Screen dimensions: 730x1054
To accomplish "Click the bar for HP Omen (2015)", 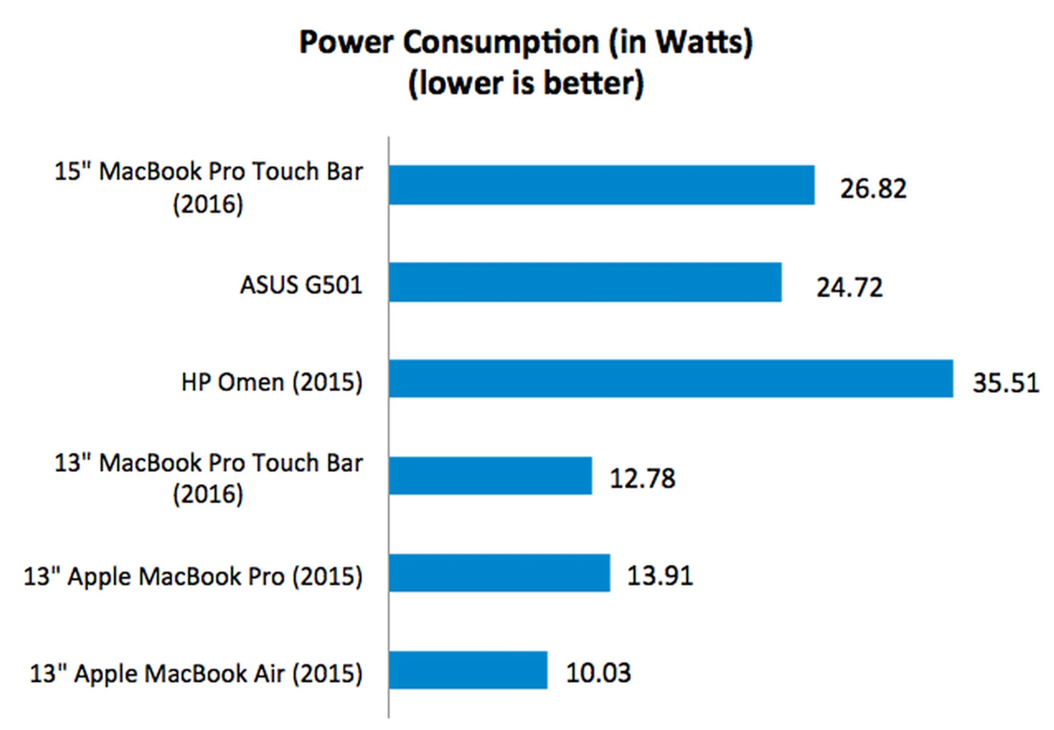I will [671, 379].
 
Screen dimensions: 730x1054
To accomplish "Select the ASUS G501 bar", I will [585, 282].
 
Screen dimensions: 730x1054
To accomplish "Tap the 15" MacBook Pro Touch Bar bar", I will [602, 185].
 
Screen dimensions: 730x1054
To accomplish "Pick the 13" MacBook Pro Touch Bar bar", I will [490, 476].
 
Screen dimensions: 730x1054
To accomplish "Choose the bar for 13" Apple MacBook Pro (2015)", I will [500, 573].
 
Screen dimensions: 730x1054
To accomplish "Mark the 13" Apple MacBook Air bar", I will [468, 670].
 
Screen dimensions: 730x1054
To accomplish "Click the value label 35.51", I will [1006, 383].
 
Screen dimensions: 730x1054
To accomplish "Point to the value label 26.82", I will [873, 189].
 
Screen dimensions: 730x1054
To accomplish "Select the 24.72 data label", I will [849, 288].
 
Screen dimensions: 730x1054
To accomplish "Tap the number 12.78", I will [642, 478].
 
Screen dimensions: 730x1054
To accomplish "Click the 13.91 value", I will [660, 576].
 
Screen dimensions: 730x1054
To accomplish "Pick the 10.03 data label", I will [598, 673].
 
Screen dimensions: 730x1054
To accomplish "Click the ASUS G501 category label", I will [301, 285].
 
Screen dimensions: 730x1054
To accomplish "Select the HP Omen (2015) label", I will [272, 382].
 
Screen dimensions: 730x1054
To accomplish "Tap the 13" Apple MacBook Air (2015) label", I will [196, 673].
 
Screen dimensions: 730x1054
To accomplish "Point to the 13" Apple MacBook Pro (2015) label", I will [193, 576].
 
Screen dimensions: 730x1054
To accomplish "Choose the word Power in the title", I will [346, 42].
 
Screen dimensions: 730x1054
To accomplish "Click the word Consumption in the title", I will [501, 42].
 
